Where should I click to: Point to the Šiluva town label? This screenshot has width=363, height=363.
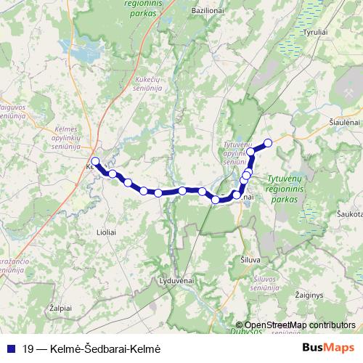tap(250, 258)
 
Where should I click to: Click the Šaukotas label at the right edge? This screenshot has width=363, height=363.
tap(349, 216)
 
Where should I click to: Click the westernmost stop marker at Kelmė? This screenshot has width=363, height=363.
tap(95, 160)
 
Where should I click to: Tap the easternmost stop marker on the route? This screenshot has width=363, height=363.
tap(268, 142)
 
